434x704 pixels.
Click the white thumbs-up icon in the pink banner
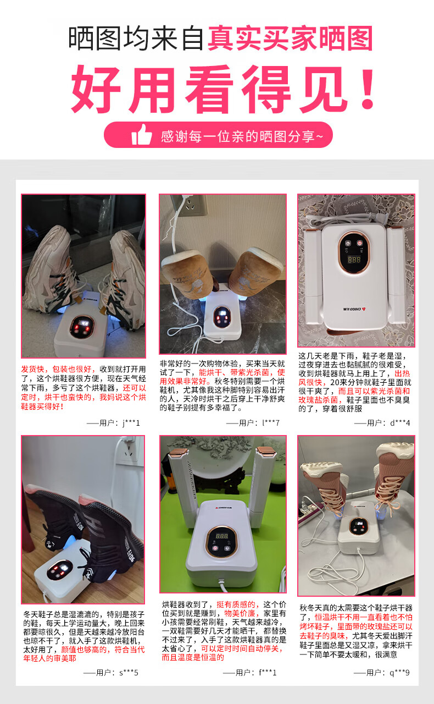pyautogui.click(x=142, y=135)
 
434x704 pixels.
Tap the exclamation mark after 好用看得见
pyautogui.click(x=367, y=89)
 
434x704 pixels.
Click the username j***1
pyautogui.click(x=131, y=423)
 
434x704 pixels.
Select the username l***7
pyautogui.click(x=271, y=423)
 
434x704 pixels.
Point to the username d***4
pyautogui.click(x=400, y=423)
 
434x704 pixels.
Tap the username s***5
pyautogui.click(x=129, y=673)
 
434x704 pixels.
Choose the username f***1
pyautogui.click(x=268, y=673)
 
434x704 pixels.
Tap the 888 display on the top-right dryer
pyautogui.click(x=354, y=260)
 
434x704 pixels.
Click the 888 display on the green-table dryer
pyautogui.click(x=221, y=536)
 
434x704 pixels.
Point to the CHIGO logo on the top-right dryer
pyautogui.click(x=354, y=309)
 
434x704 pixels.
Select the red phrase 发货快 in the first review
pyautogui.click(x=32, y=369)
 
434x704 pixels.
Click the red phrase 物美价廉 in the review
pyautogui.click(x=240, y=613)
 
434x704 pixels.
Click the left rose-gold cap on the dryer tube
pyautogui.click(x=179, y=452)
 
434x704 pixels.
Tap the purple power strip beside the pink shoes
pyautogui.click(x=309, y=514)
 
